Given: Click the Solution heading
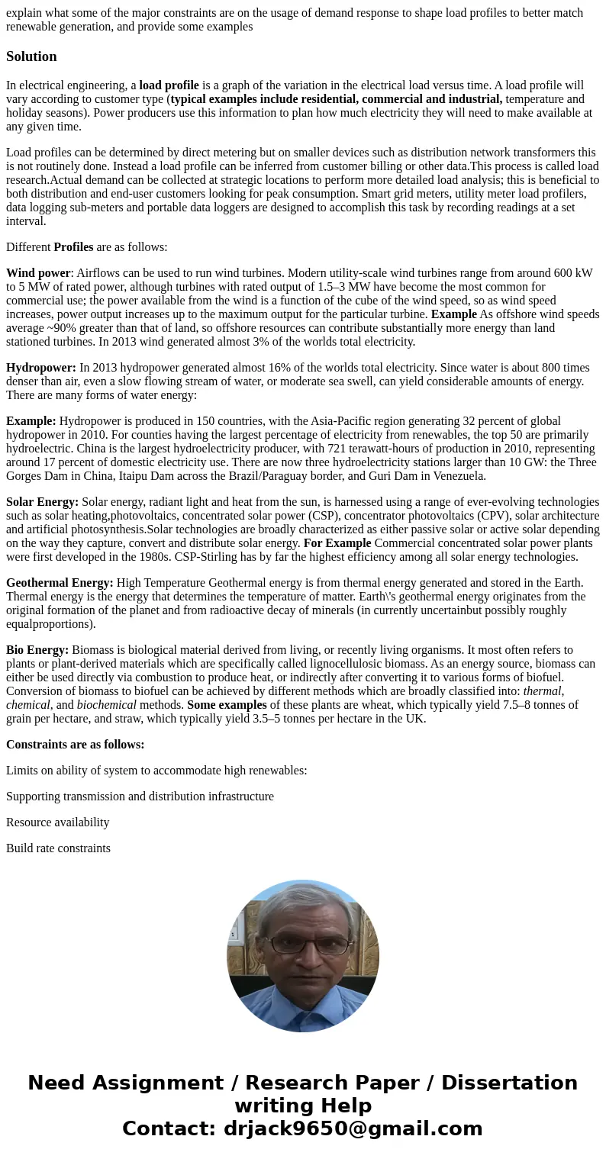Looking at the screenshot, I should (31, 56).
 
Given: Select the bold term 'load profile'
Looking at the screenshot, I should (169, 85).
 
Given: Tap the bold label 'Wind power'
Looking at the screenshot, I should (38, 273).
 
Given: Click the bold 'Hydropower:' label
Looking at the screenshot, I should (41, 368).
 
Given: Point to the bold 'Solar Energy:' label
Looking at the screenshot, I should (43, 502).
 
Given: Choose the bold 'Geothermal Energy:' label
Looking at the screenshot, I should (60, 583).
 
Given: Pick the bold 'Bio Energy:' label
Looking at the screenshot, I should (37, 650).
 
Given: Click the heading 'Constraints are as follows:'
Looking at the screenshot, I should (75, 745).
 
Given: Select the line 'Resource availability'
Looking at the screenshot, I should (58, 822).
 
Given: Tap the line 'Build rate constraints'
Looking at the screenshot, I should (58, 848).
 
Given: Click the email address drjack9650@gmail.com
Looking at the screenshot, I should (353, 1129).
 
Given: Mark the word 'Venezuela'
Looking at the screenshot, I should (459, 476).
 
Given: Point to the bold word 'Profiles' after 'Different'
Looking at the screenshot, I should (73, 247).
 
